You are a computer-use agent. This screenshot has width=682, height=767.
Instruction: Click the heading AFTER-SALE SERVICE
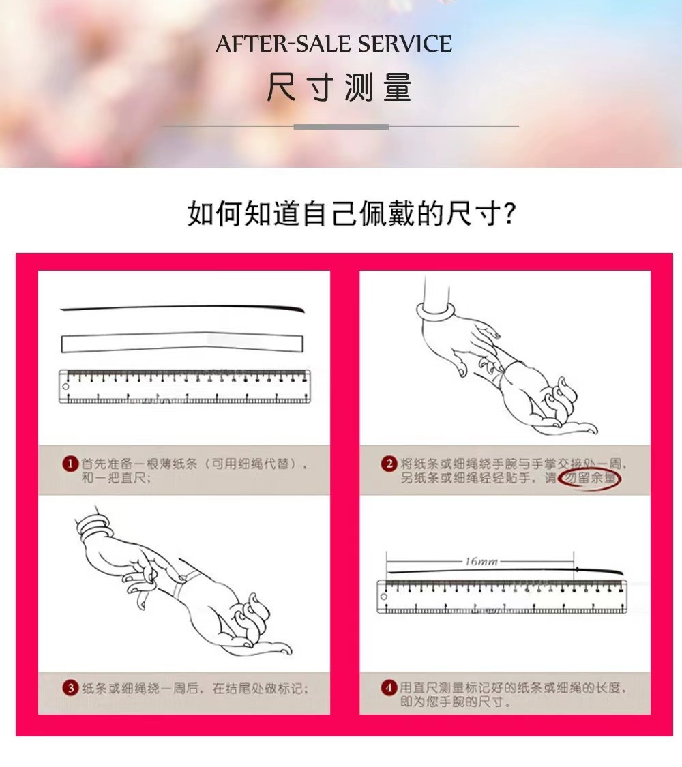click(334, 44)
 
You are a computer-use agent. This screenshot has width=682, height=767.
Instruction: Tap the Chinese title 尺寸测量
click(339, 89)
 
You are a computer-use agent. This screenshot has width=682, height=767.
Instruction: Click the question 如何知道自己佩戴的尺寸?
click(351, 214)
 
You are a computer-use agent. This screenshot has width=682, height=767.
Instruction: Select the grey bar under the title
click(341, 127)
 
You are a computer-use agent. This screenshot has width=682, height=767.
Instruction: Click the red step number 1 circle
click(69, 464)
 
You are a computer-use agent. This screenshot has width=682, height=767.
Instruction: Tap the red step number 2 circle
click(389, 464)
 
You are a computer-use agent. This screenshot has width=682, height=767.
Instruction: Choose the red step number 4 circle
click(389, 688)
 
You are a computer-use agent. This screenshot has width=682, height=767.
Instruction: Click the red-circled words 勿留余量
click(589, 479)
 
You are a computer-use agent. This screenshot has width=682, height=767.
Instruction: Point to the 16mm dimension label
click(481, 561)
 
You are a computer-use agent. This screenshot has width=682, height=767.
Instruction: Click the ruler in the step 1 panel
click(184, 387)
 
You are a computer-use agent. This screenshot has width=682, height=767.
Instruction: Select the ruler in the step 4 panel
click(502, 597)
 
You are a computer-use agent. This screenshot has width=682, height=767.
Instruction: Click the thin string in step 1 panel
click(183, 308)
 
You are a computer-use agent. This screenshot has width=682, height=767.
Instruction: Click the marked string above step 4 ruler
click(505, 571)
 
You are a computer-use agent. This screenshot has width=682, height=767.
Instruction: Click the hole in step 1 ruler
click(66, 387)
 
